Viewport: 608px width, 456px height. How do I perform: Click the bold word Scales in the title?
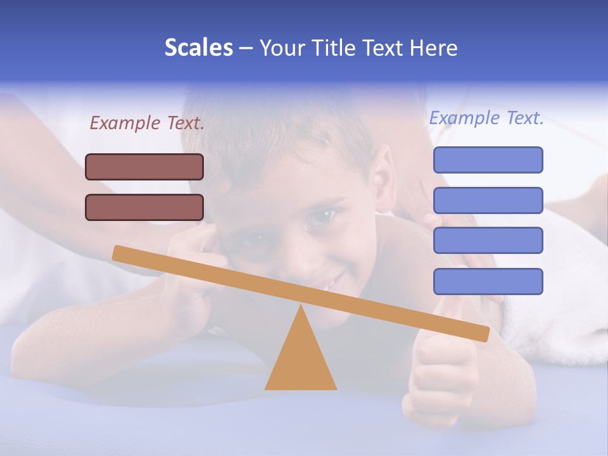point(198,47)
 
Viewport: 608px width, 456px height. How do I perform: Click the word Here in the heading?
point(434,47)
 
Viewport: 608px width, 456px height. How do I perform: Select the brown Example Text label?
point(147,123)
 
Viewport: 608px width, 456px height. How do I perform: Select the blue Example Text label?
point(486,118)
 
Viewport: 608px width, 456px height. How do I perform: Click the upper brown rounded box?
point(144,167)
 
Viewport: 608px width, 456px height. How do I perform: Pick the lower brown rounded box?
point(144,207)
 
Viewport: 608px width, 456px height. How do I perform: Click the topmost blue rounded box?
point(488,160)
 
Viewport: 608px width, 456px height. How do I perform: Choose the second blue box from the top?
point(488,200)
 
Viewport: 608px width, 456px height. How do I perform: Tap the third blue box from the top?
point(488,240)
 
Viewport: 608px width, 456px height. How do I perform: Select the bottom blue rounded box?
point(488,281)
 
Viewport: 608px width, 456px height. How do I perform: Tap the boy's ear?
point(383,180)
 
